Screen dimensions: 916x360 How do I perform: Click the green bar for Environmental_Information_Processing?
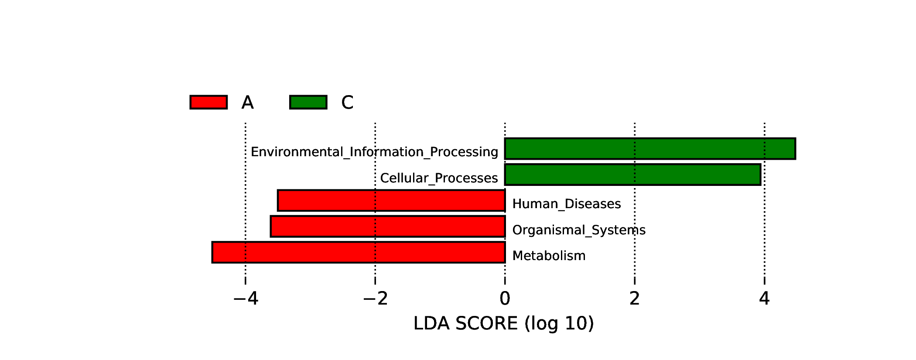[x=650, y=149]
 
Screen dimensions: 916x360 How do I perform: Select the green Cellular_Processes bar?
[x=632, y=175]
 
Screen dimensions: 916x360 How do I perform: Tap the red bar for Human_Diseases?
[x=391, y=201]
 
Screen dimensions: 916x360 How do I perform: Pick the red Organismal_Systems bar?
[x=388, y=226]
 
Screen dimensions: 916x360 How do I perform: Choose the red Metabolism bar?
[x=359, y=252]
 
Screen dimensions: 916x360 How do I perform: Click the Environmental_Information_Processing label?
[x=374, y=152]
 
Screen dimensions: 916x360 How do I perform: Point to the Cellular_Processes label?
[x=439, y=178]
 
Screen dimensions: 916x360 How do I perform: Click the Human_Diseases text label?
[x=567, y=204]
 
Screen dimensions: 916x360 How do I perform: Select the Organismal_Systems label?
[x=579, y=230]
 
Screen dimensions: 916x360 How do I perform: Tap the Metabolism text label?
[x=549, y=256]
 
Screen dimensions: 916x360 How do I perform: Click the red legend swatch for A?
[x=208, y=102]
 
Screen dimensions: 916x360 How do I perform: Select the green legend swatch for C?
[x=308, y=102]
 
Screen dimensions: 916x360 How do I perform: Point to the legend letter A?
[x=247, y=103]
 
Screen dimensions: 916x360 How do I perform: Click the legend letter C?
[x=347, y=103]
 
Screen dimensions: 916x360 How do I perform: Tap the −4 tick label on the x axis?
[x=246, y=298]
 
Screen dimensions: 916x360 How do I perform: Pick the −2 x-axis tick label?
[x=376, y=298]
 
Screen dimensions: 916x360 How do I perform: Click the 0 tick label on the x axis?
[x=505, y=298]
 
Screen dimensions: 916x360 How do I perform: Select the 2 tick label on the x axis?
[x=635, y=298]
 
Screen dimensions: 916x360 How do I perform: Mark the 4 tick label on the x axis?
[x=764, y=298]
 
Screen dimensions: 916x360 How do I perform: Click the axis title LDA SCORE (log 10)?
[x=504, y=324]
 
